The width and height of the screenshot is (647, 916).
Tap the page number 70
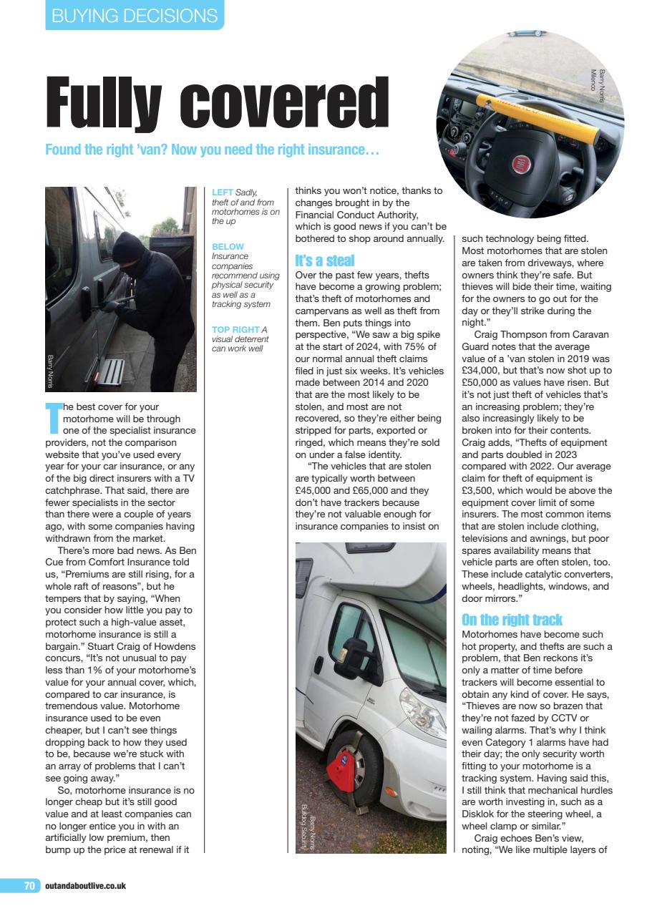(x=29, y=885)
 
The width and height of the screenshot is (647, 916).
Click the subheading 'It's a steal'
(x=324, y=260)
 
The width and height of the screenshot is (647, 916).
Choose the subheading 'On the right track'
(x=512, y=619)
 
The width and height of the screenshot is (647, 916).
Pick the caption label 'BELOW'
(x=228, y=247)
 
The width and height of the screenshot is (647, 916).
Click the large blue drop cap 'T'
(x=53, y=418)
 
